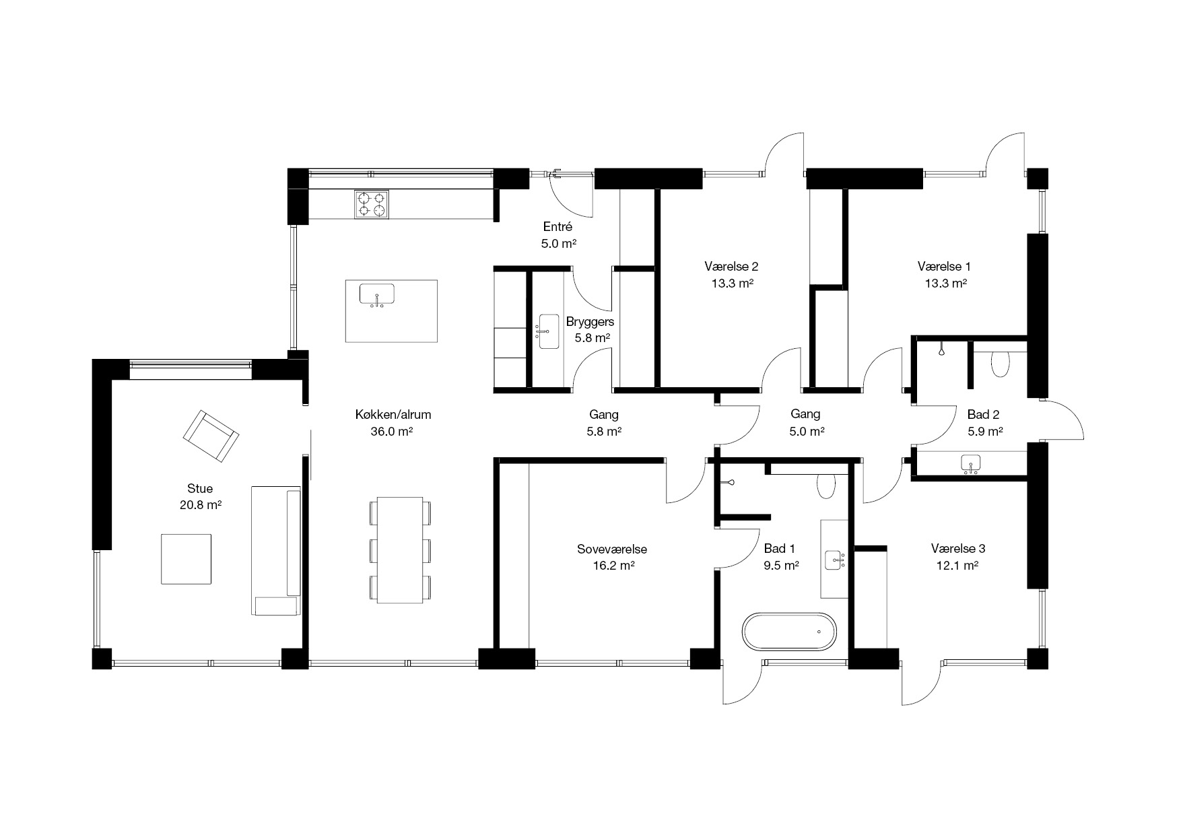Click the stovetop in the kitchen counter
point(372,205)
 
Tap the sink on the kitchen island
point(377,295)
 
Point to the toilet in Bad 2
point(1001,365)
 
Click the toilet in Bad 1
point(825,486)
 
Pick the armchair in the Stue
point(211,436)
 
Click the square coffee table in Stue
point(187,558)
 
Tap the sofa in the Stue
point(276,551)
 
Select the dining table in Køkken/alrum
point(400,550)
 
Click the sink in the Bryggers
point(549,331)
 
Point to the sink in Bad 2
point(970,463)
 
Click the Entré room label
point(558,227)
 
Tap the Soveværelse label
point(612,549)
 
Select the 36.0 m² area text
point(391,432)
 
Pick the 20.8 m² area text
point(201,504)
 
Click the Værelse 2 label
point(732,266)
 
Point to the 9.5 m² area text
point(781,566)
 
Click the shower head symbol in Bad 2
point(940,349)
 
